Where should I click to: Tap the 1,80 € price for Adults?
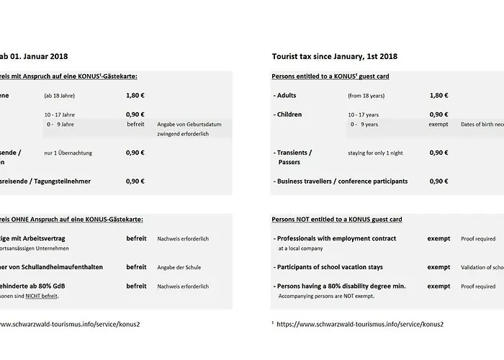pos(438,95)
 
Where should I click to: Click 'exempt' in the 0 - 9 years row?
pos(438,124)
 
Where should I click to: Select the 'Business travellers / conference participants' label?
pos(341,181)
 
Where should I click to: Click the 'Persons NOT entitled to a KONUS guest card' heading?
pos(336,219)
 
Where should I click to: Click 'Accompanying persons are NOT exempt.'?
pos(325,295)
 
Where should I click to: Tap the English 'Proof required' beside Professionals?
pos(479,238)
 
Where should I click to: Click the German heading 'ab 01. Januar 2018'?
pos(35,56)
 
